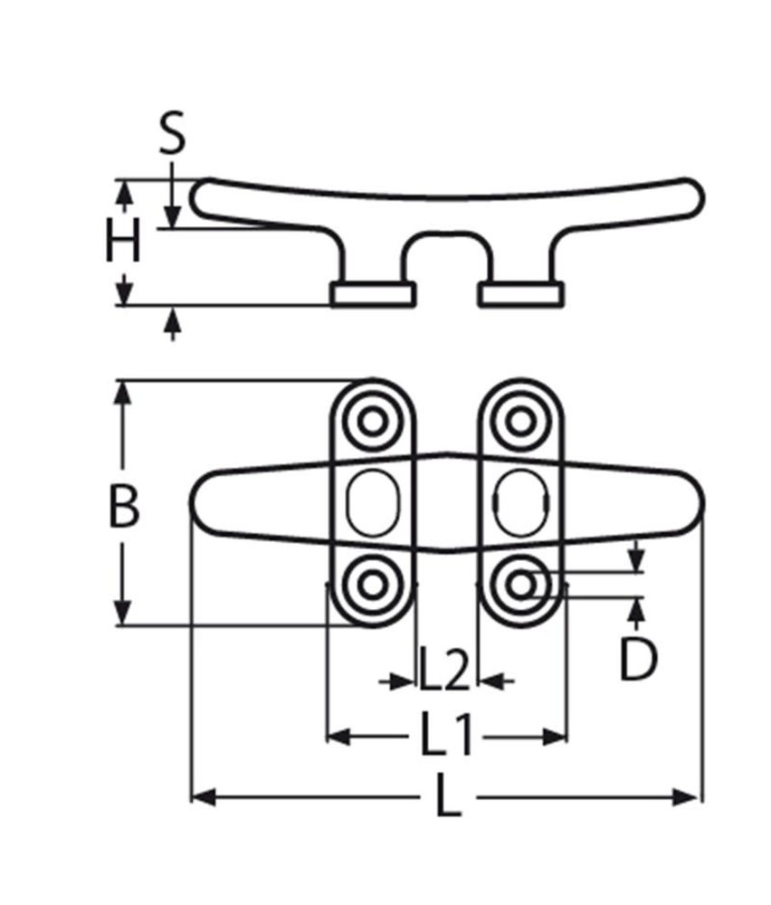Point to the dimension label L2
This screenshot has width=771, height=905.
click(x=444, y=676)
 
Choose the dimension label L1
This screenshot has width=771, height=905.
click(x=446, y=736)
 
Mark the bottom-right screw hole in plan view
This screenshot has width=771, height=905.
click(x=519, y=584)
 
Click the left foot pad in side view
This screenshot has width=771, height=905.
click(x=373, y=293)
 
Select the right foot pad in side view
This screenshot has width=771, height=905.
click(x=521, y=293)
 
